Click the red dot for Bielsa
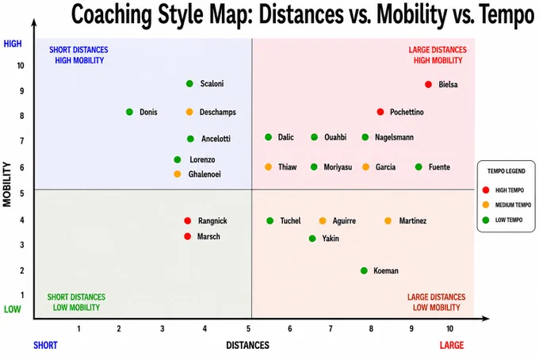[428, 84]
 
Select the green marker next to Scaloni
[189, 83]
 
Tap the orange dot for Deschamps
[189, 112]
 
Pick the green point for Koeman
[364, 270]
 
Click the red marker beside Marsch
[187, 236]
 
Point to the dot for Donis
[129, 112]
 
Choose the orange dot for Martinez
[388, 220]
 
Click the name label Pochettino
[407, 112]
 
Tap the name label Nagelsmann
[394, 137]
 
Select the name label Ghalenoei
[205, 174]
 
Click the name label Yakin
[331, 238]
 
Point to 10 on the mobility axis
[21, 65]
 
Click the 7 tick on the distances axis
[331, 329]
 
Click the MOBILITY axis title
[7, 184]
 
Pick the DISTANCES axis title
[247, 345]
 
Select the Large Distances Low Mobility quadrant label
[437, 302]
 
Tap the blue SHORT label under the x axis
[45, 345]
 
